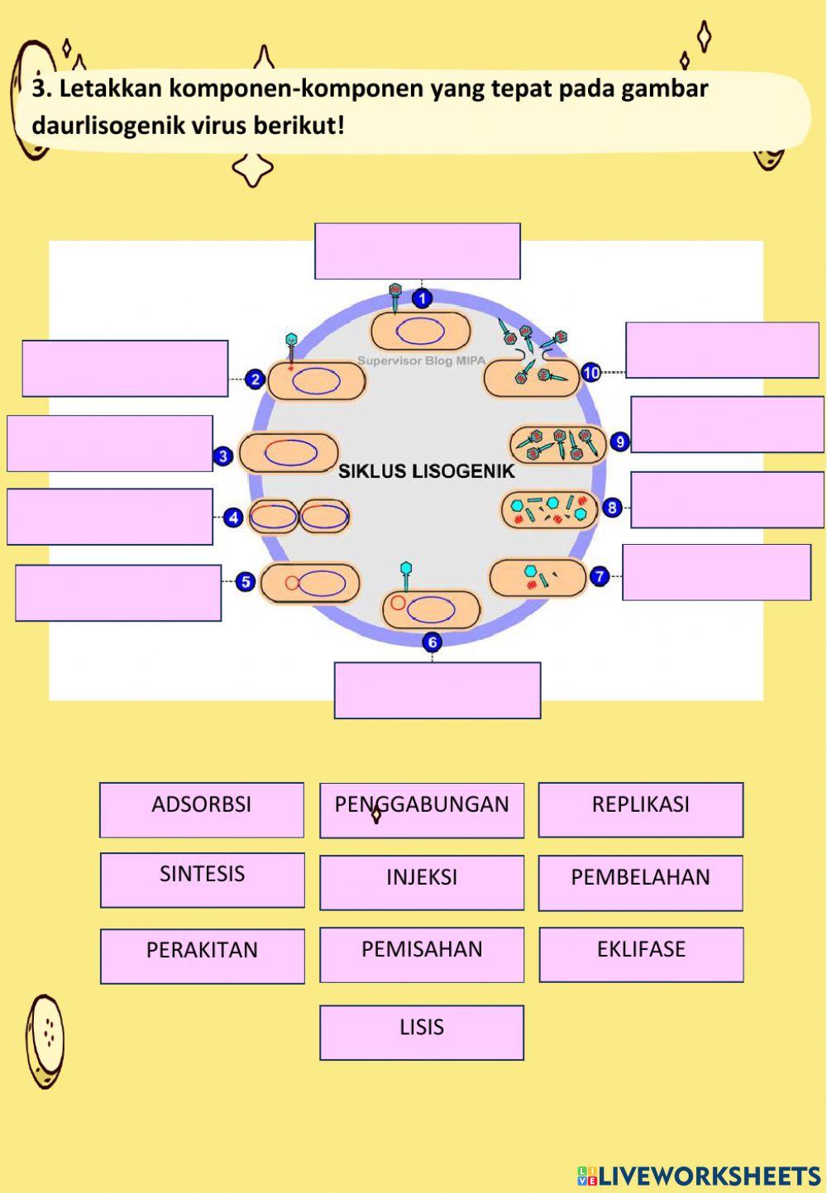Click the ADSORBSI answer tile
click(x=202, y=809)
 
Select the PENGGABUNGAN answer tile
click(x=422, y=810)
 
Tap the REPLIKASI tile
click(x=641, y=809)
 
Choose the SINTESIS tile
click(x=203, y=880)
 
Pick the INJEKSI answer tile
click(x=422, y=882)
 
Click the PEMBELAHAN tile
click(x=641, y=882)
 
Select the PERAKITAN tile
click(x=203, y=956)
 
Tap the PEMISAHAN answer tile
click(x=422, y=954)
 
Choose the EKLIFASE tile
click(x=641, y=954)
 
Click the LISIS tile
click(x=422, y=1032)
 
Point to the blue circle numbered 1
click(x=422, y=298)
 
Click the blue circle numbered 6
click(x=432, y=642)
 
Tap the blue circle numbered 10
click(x=590, y=373)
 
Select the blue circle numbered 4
click(x=234, y=518)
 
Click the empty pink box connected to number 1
click(x=418, y=251)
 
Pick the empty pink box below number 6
click(x=437, y=690)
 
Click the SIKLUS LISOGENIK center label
click(x=426, y=471)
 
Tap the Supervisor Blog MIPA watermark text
click(x=422, y=360)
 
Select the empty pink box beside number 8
click(x=727, y=499)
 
